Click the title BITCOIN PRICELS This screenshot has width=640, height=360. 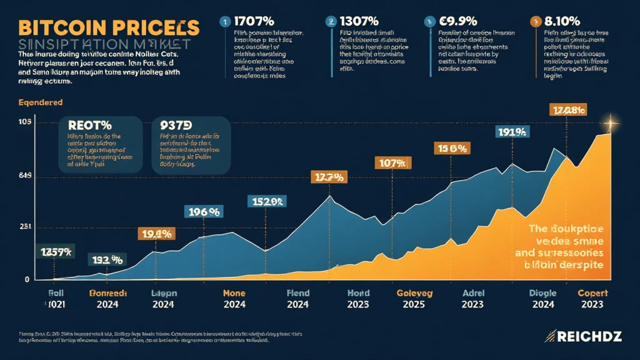pos(109,27)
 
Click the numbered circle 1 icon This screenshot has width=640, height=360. pos(223,21)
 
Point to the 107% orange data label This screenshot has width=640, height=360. pos(392,164)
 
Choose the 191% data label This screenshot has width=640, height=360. pos(513,132)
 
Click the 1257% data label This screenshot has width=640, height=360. pos(55,252)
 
